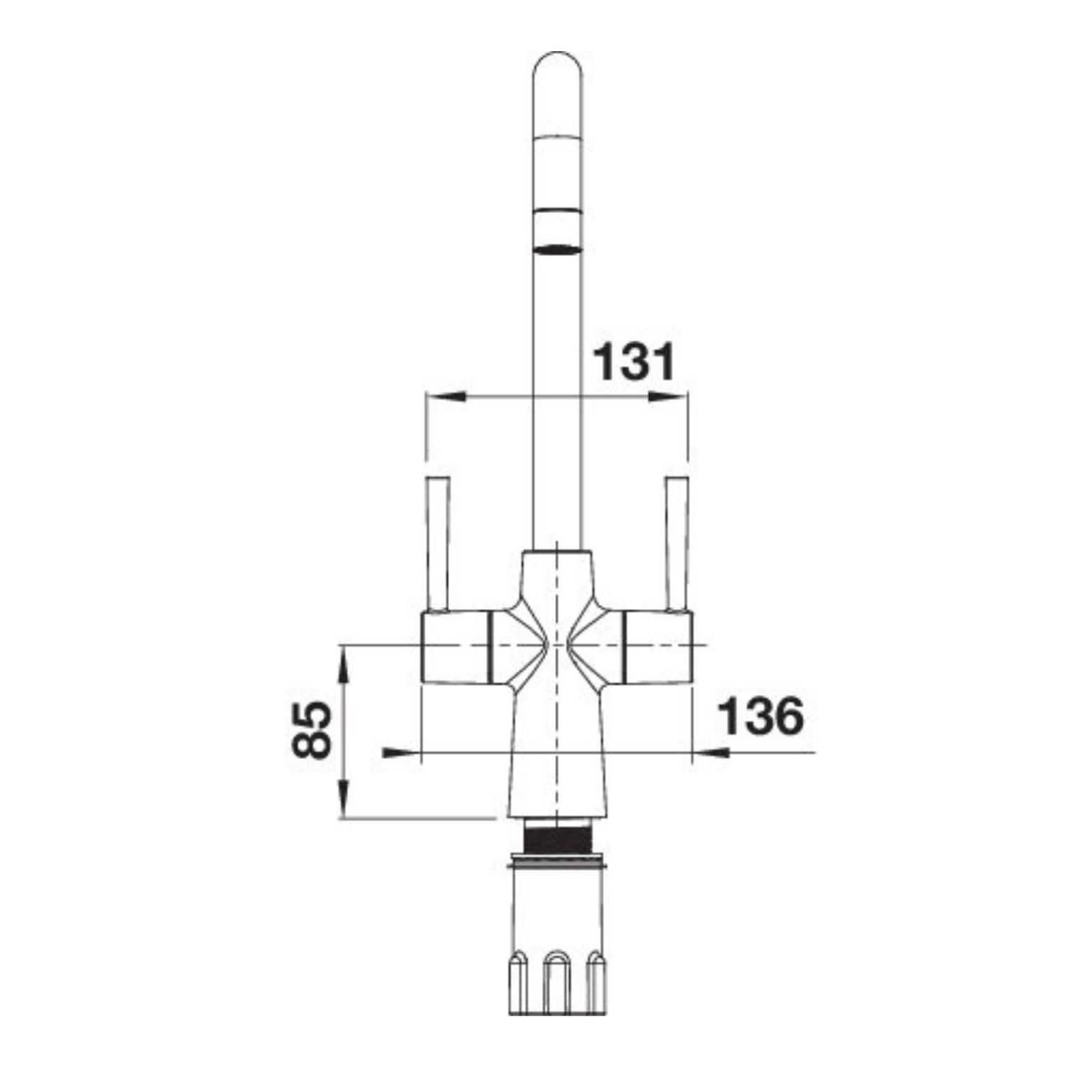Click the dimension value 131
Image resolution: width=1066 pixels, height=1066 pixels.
632,362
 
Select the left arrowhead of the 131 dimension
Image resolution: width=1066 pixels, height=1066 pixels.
445,397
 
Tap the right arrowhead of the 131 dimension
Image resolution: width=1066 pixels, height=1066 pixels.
668,397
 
